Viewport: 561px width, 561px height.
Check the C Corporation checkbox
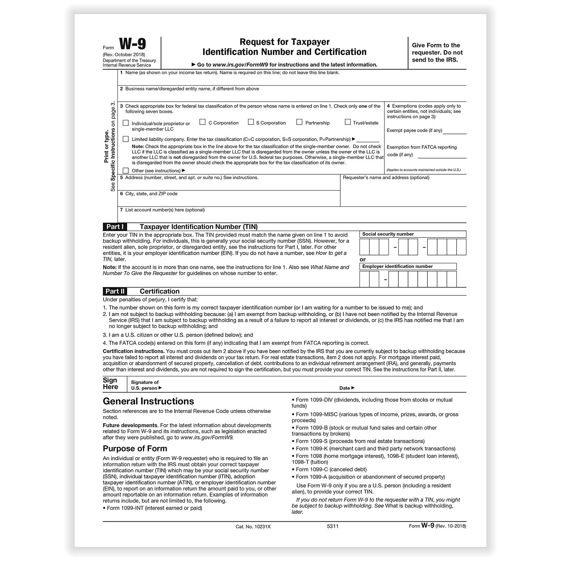pyautogui.click(x=202, y=122)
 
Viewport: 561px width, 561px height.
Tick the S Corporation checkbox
pyautogui.click(x=251, y=122)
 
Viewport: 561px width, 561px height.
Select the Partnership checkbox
pyautogui.click(x=299, y=122)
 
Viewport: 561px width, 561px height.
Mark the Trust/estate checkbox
pyautogui.click(x=347, y=122)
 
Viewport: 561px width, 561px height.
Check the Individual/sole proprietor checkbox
pyautogui.click(x=126, y=123)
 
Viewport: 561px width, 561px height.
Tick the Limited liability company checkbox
pyautogui.click(x=126, y=139)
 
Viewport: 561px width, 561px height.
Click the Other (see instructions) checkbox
pyautogui.click(x=126, y=171)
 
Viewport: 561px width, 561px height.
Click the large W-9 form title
pyautogui.click(x=132, y=44)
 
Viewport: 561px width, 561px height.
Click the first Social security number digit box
pyautogui.click(x=365, y=247)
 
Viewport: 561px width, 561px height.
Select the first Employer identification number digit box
pyautogui.click(x=365, y=279)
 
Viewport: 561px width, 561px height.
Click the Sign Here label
pyautogui.click(x=110, y=384)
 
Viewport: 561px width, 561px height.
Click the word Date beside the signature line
pyautogui.click(x=344, y=388)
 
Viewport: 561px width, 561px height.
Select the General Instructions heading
pyautogui.click(x=148, y=401)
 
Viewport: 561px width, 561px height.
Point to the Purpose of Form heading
pyautogui.click(x=135, y=448)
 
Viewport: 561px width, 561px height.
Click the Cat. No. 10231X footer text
pyautogui.click(x=253, y=527)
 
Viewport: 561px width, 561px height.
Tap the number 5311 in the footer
pyautogui.click(x=332, y=526)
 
